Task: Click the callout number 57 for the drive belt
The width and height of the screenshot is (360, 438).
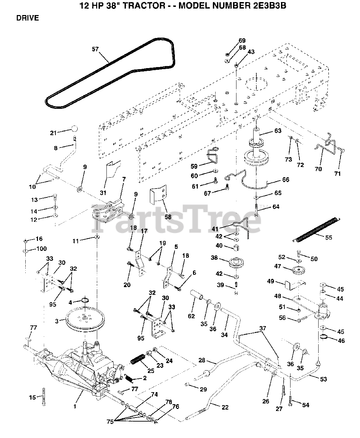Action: [x=95, y=49]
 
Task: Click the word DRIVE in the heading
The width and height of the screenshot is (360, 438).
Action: [x=28, y=18]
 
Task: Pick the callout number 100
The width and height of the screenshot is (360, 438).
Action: [x=41, y=248]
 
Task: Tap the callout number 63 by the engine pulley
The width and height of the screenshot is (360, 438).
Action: [x=278, y=131]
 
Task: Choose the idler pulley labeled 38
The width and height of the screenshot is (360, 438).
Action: [x=236, y=263]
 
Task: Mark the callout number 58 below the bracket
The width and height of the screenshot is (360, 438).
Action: [x=168, y=217]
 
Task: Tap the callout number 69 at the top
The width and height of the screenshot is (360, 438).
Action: [x=242, y=40]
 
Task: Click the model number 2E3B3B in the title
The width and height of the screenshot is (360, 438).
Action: [x=270, y=5]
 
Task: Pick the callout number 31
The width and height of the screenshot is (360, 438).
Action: [x=103, y=193]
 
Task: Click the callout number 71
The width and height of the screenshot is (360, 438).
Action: [x=337, y=173]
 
